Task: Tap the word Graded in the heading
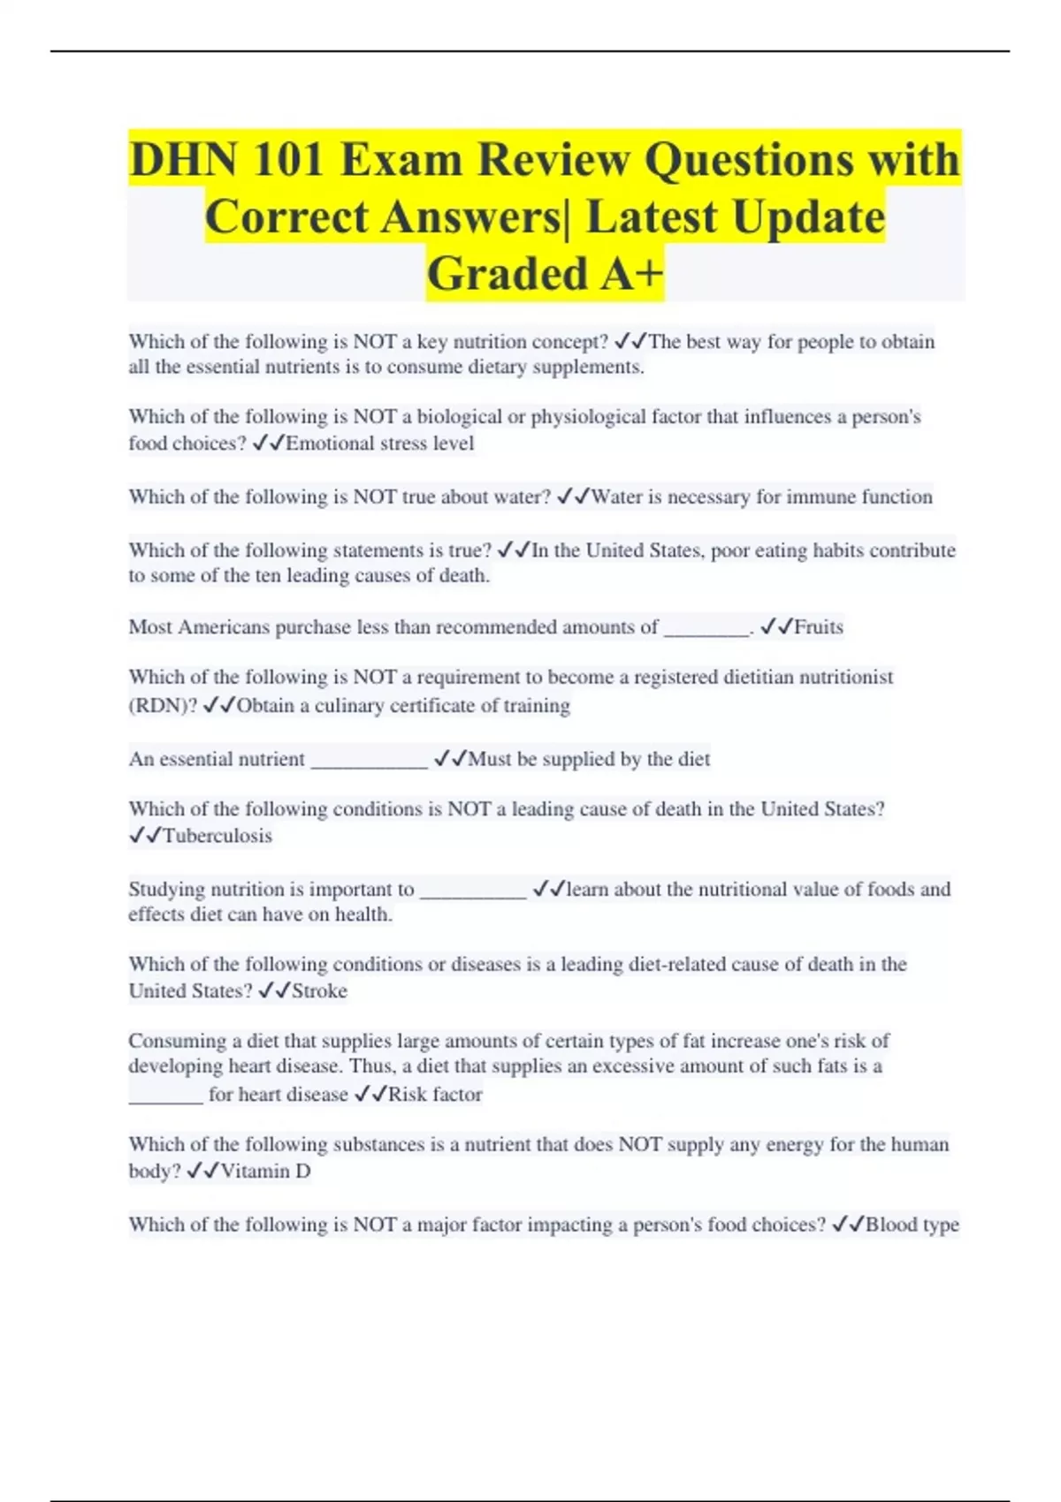[x=507, y=273]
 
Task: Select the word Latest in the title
[x=651, y=216]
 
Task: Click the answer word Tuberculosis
[x=218, y=836]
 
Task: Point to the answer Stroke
[x=319, y=991]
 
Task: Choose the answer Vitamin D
[x=265, y=1172]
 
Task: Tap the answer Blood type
[x=912, y=1225]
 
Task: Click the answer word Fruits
[x=819, y=627]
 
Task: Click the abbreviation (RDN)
[x=163, y=706]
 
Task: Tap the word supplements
[x=587, y=368]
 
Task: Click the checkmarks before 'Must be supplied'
[x=450, y=759]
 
